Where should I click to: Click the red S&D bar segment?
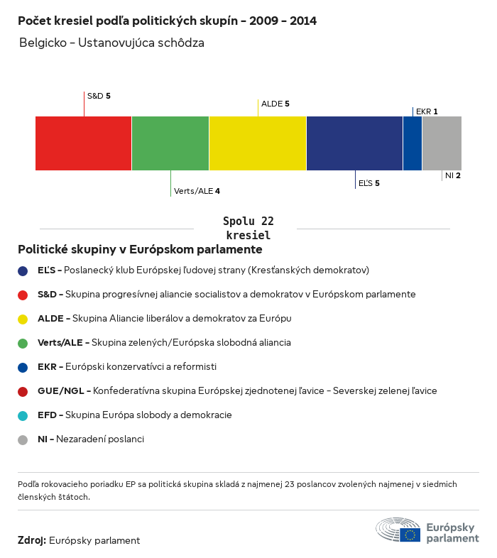click(x=83, y=143)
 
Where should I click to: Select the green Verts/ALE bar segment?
click(x=170, y=143)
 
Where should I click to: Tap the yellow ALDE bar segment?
click(x=258, y=143)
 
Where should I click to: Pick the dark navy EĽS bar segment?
click(x=354, y=143)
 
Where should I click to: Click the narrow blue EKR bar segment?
click(x=413, y=143)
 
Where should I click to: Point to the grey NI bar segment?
click(x=442, y=143)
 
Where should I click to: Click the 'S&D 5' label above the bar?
click(x=99, y=95)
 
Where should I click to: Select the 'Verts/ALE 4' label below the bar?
click(x=197, y=191)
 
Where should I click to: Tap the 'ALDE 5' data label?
click(x=275, y=104)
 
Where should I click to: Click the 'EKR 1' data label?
click(x=427, y=111)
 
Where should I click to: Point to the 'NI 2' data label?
click(x=453, y=175)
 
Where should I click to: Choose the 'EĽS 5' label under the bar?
click(x=368, y=183)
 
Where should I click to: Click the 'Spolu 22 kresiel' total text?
click(x=248, y=228)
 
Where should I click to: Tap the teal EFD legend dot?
click(x=23, y=415)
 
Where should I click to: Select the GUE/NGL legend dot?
click(x=23, y=391)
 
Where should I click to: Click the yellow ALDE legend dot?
click(x=23, y=319)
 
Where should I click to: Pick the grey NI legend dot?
click(x=23, y=439)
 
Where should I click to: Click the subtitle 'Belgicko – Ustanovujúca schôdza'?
click(x=112, y=43)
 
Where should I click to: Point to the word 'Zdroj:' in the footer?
click(x=32, y=540)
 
